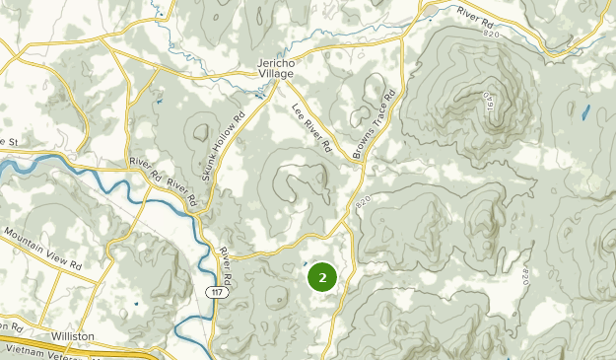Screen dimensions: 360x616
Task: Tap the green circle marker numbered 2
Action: tap(322, 277)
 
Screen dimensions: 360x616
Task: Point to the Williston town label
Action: tap(74, 336)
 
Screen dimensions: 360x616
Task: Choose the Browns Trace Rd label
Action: tap(376, 124)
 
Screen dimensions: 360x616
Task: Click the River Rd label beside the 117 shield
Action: tap(226, 268)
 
